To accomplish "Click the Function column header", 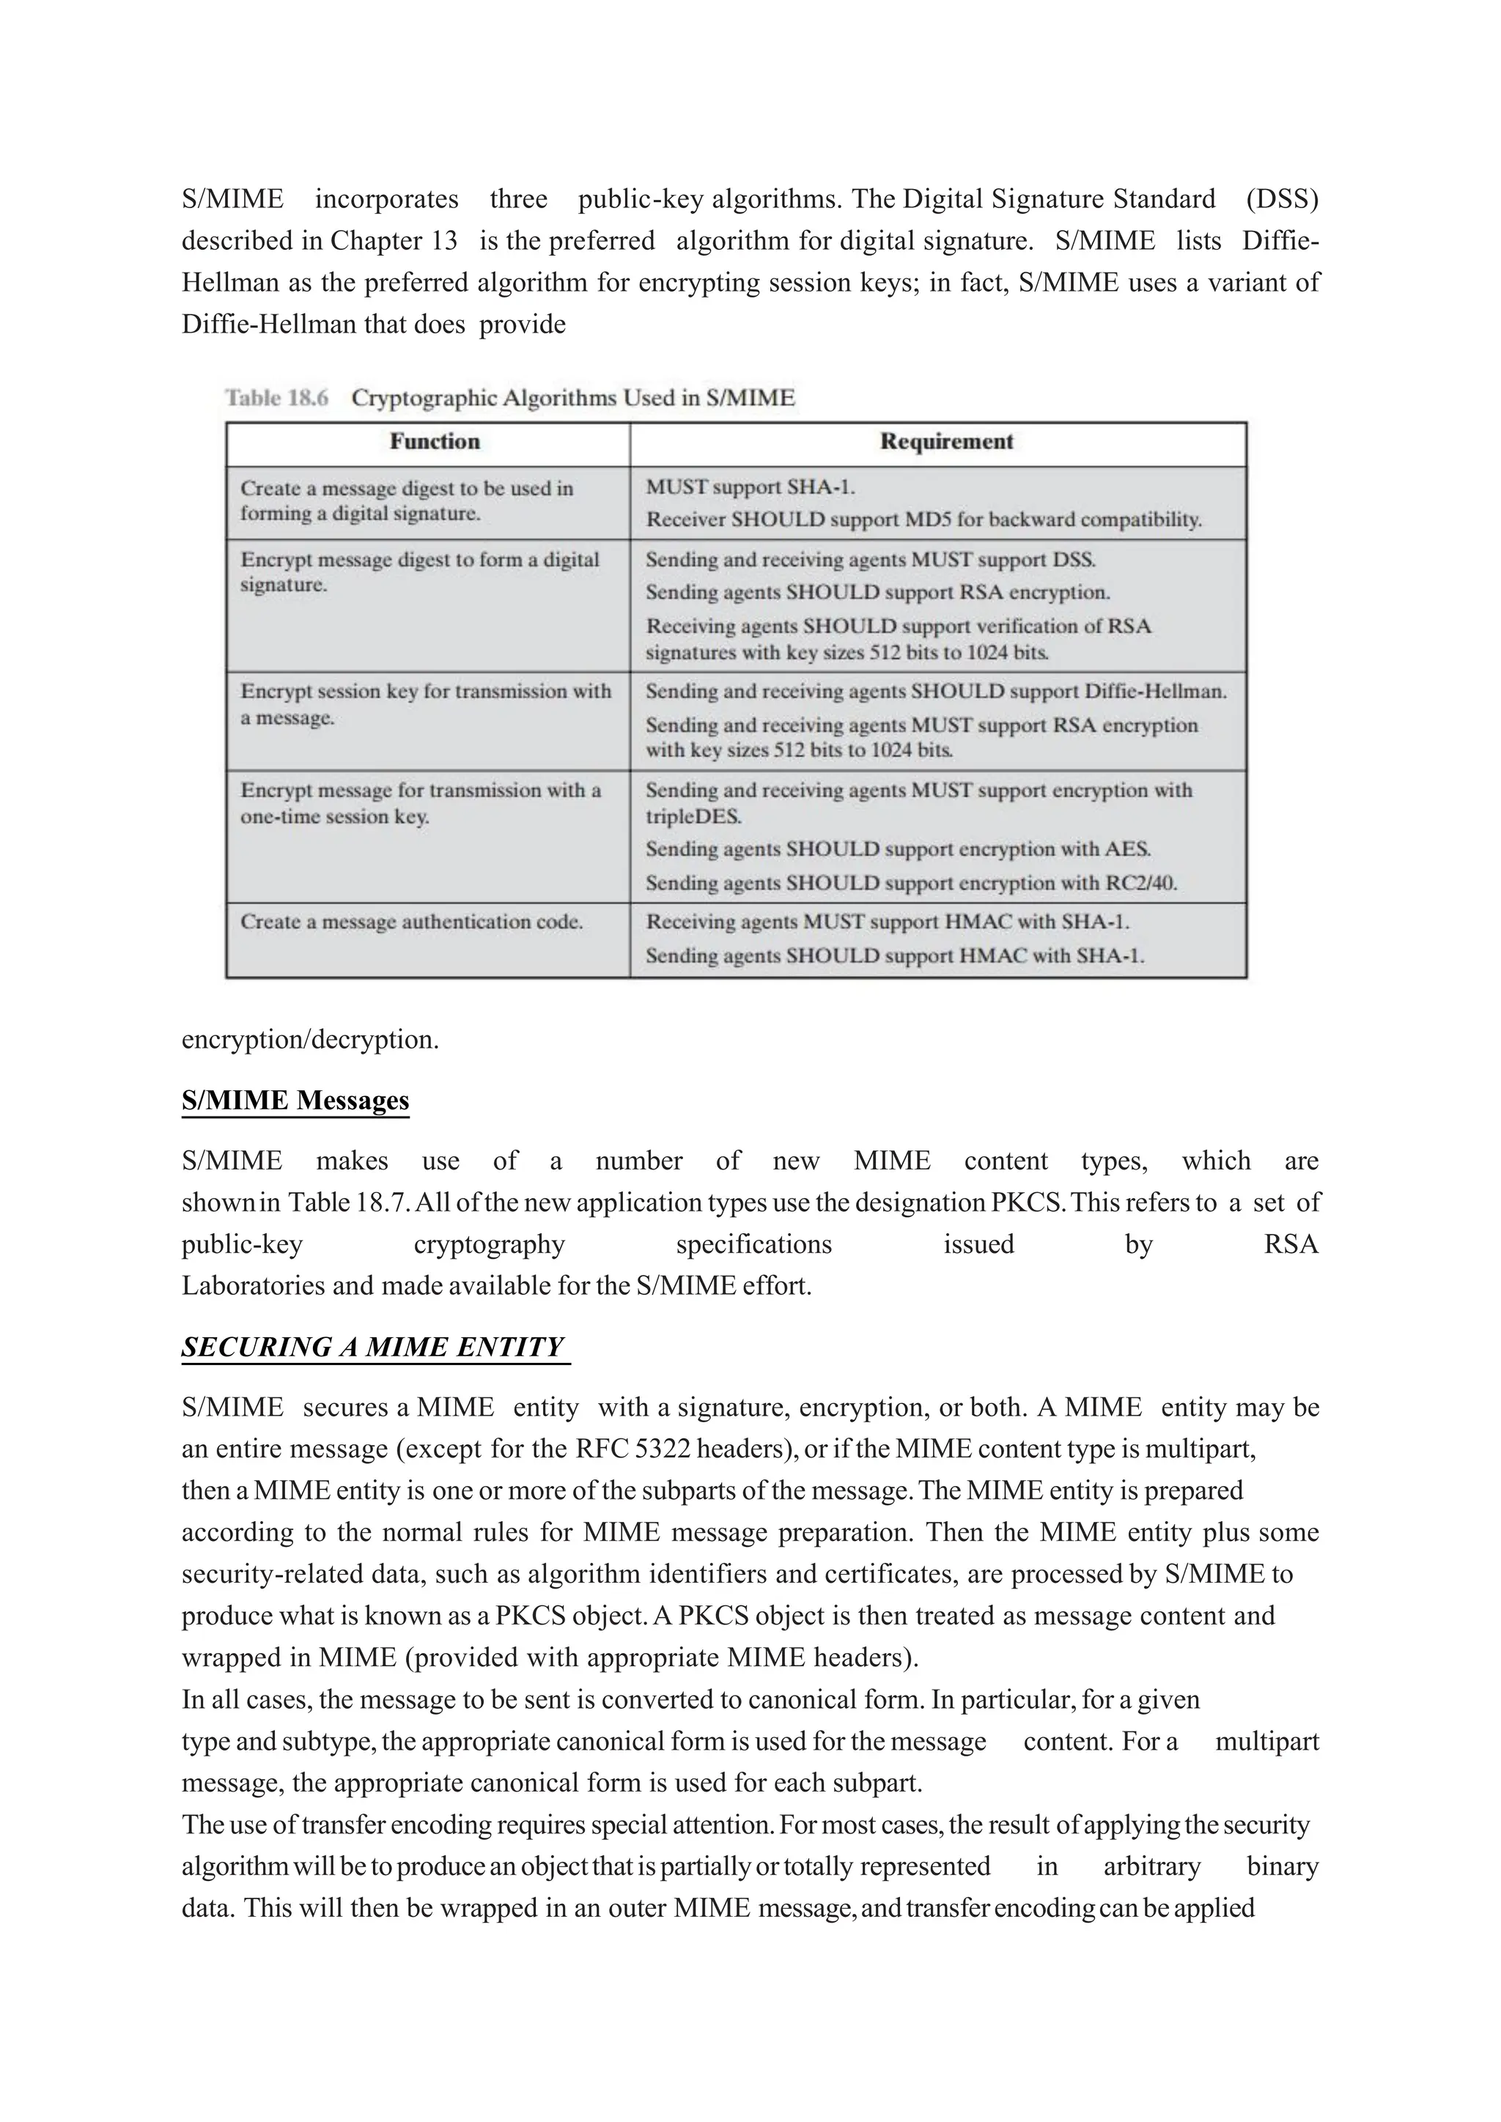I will pyautogui.click(x=435, y=442).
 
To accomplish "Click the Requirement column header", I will pyautogui.click(x=945, y=442).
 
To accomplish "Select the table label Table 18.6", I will pyautogui.click(x=276, y=399).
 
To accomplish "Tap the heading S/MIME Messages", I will pyautogui.click(x=295, y=1100).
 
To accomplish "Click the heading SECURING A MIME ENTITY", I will pyautogui.click(x=372, y=1347).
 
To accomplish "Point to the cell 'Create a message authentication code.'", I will pyautogui.click(x=411, y=922).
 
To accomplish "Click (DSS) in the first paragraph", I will pyautogui.click(x=1281, y=199).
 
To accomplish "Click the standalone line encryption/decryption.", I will pyautogui.click(x=309, y=1040).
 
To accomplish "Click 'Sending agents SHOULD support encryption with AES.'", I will pyautogui.click(x=898, y=849).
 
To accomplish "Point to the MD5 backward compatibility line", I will pyautogui.click(x=923, y=520).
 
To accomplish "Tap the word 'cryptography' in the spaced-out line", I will pyautogui.click(x=489, y=1244).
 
